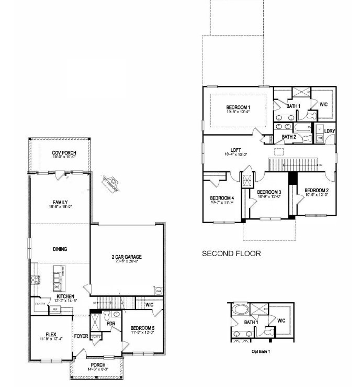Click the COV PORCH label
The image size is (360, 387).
pos(64,152)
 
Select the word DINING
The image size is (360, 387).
pos(60,249)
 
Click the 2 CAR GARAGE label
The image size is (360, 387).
pos(127,257)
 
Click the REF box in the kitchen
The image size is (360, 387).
pos(54,309)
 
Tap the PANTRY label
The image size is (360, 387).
pos(40,303)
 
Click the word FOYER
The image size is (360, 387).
pos(81,336)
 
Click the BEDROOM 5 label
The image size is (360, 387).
pos(142,328)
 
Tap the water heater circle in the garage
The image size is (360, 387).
pos(157,290)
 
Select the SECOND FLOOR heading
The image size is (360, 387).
pos(231,253)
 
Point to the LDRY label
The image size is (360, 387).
pos(330,131)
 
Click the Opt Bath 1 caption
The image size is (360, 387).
pos(261,352)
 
